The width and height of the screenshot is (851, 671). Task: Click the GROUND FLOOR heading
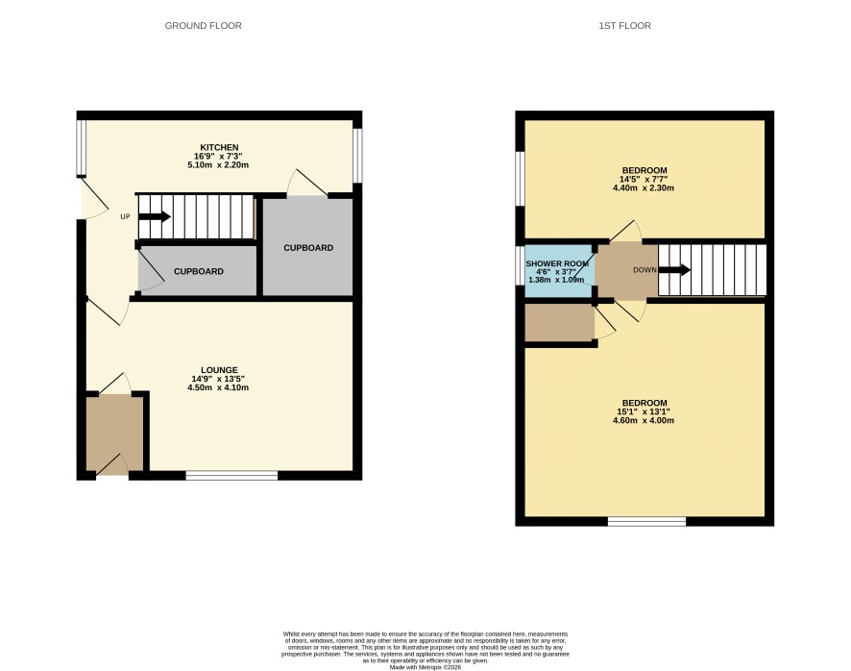[x=203, y=26]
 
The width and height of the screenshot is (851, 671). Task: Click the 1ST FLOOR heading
[x=624, y=26]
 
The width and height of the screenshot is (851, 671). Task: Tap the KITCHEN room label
[x=219, y=147]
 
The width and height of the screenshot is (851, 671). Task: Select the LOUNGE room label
[x=219, y=370]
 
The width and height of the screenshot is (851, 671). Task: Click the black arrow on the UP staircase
[x=155, y=217]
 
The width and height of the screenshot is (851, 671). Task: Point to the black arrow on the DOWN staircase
[x=674, y=269]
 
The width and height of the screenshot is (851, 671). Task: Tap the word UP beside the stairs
[x=126, y=217]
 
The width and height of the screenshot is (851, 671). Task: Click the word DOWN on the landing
[x=644, y=270]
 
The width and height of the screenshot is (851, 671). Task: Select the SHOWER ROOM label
[x=557, y=263]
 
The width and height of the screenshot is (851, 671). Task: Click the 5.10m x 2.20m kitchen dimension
[x=218, y=164]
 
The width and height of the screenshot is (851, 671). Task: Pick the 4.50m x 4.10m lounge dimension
[x=218, y=387]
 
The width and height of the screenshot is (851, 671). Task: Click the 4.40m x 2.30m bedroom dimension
[x=644, y=188]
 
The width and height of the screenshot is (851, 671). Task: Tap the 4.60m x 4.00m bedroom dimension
[x=644, y=420]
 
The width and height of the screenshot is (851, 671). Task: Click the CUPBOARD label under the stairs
[x=199, y=271]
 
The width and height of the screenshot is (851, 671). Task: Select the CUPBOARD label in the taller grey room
[x=308, y=248]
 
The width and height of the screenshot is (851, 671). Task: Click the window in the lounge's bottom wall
[x=231, y=476]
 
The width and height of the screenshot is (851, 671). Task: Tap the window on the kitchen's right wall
[x=357, y=156]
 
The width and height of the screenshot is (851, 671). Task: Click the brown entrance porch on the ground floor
[x=114, y=433]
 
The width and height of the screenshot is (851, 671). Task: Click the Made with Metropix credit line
[x=425, y=667]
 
